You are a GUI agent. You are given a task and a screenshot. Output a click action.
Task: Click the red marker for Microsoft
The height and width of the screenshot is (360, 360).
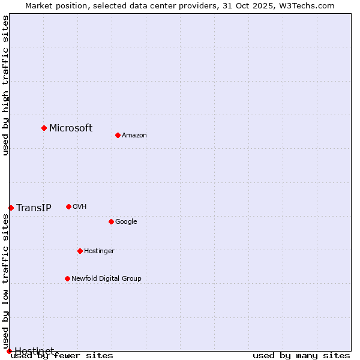click(44, 128)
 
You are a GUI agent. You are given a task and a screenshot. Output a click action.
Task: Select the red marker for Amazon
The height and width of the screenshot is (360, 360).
click(118, 135)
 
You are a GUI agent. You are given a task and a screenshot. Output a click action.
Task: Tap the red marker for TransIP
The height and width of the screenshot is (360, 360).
click(11, 208)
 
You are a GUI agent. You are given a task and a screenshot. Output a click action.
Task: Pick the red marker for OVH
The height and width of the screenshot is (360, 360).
click(68, 206)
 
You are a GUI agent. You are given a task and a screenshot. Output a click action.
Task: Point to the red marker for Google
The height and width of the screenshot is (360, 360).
click(111, 221)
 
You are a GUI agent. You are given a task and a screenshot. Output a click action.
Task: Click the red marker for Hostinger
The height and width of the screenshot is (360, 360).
click(80, 251)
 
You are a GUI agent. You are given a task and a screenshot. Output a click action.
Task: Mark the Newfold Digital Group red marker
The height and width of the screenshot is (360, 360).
click(67, 278)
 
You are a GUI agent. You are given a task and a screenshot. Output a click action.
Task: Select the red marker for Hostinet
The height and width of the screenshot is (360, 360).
click(9, 351)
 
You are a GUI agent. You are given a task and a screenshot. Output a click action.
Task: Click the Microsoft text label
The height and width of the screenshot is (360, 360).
click(71, 128)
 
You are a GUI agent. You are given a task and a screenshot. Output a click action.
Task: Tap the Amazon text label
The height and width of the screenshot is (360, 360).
click(134, 135)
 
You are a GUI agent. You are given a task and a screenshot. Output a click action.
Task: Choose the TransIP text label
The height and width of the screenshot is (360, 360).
click(34, 208)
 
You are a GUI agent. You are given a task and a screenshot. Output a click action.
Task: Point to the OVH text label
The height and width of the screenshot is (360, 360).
click(80, 206)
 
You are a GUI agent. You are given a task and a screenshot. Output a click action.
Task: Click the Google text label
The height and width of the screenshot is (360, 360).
click(126, 221)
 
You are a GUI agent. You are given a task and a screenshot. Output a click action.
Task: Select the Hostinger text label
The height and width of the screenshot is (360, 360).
click(99, 251)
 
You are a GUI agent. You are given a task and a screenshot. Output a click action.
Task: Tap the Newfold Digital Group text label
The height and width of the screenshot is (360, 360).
click(106, 278)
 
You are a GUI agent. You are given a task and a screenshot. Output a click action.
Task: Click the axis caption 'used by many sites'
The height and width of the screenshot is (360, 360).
click(301, 355)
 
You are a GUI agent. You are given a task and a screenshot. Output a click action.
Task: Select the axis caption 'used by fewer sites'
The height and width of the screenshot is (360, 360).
click(62, 355)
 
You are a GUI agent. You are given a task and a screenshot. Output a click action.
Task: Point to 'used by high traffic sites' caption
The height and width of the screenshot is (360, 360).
click(5, 85)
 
